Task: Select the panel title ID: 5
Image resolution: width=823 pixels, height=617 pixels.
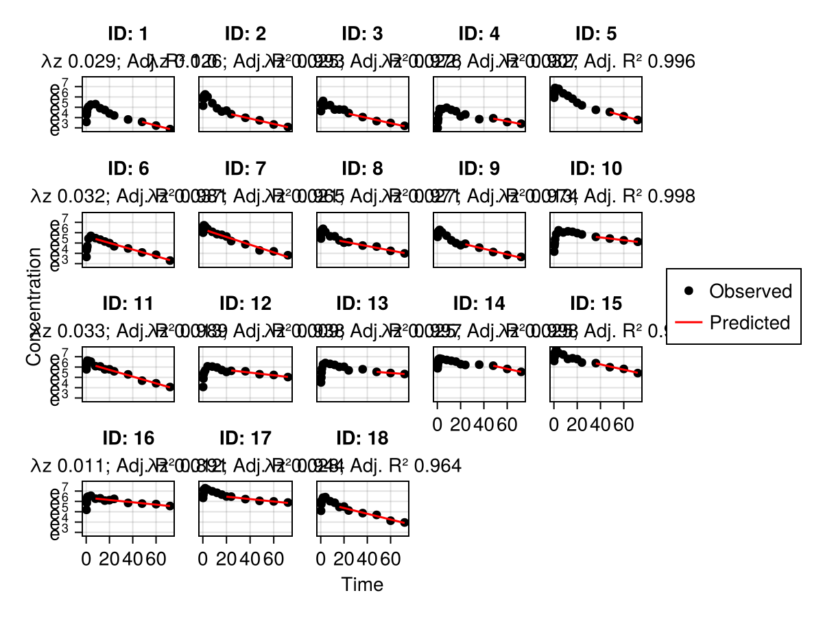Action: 595,34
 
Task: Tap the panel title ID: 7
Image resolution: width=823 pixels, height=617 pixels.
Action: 246,169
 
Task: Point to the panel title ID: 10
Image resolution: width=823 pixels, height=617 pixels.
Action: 595,169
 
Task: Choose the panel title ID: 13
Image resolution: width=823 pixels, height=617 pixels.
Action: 363,304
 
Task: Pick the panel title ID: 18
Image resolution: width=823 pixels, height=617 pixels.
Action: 363,439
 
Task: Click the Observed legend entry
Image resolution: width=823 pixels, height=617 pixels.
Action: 750,291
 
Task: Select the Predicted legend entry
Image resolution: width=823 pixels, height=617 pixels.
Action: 750,322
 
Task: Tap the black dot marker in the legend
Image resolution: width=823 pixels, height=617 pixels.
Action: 689,291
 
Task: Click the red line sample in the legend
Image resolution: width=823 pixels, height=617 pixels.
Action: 689,323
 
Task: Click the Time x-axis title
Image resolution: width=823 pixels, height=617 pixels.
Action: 362,585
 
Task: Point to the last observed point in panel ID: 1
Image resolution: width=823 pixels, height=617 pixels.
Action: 170,129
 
